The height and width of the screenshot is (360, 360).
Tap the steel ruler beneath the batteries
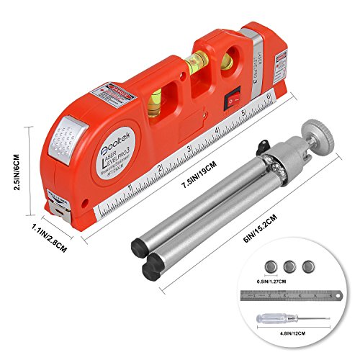coord(295,294)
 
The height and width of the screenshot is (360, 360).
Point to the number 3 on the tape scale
coord(189,149)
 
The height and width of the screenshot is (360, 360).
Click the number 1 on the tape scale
coord(130,189)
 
